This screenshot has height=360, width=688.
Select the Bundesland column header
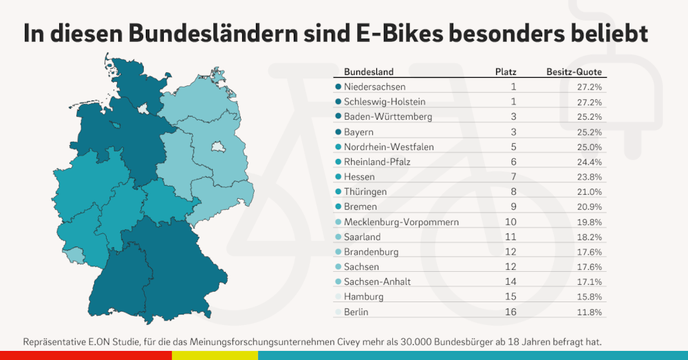pos(368,72)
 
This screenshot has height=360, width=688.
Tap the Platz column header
pos(506,72)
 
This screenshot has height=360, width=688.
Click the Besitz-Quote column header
pos(574,72)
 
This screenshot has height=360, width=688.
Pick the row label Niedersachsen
pos(374,87)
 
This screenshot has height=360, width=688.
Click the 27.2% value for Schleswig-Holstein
pos(590,102)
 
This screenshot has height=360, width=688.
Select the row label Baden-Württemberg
pos(387,117)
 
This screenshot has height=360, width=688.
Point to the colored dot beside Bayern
pos(338,132)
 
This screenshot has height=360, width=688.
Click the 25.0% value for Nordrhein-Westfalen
pos(590,147)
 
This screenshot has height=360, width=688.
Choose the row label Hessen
pos(359,177)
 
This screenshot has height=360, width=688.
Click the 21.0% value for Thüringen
pos(590,192)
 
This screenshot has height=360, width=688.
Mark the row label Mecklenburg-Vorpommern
pos(400,222)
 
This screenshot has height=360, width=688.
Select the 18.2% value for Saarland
pos(590,237)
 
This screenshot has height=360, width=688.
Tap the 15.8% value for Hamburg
pos(590,297)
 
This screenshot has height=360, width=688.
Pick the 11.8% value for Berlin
pos(590,313)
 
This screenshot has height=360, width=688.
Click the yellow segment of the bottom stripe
pos(215,355)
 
